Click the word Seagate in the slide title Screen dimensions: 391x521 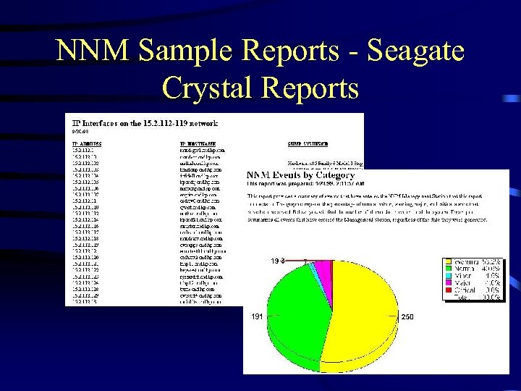(415, 51)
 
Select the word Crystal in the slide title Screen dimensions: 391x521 (208, 88)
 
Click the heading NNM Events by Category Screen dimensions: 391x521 (300, 175)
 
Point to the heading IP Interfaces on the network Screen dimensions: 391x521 (145, 123)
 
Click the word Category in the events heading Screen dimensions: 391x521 (335, 175)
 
